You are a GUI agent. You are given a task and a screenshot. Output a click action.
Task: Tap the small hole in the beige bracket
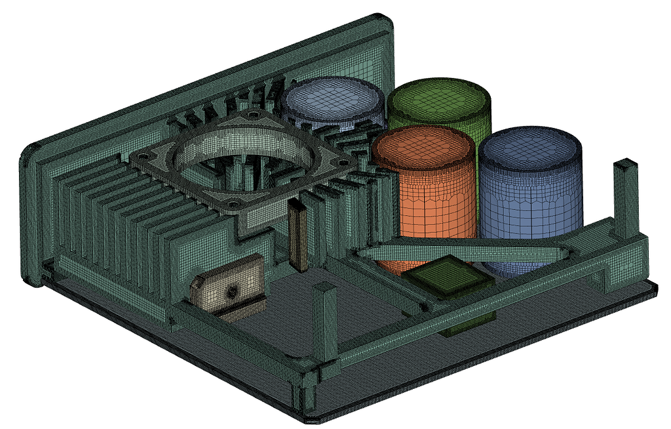point(231,290)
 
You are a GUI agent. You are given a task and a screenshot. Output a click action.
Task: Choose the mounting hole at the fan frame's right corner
point(340,159)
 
